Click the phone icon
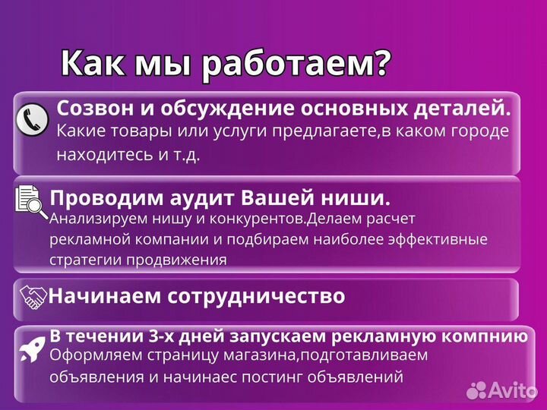33,118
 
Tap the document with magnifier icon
31,202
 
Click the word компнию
485,335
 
